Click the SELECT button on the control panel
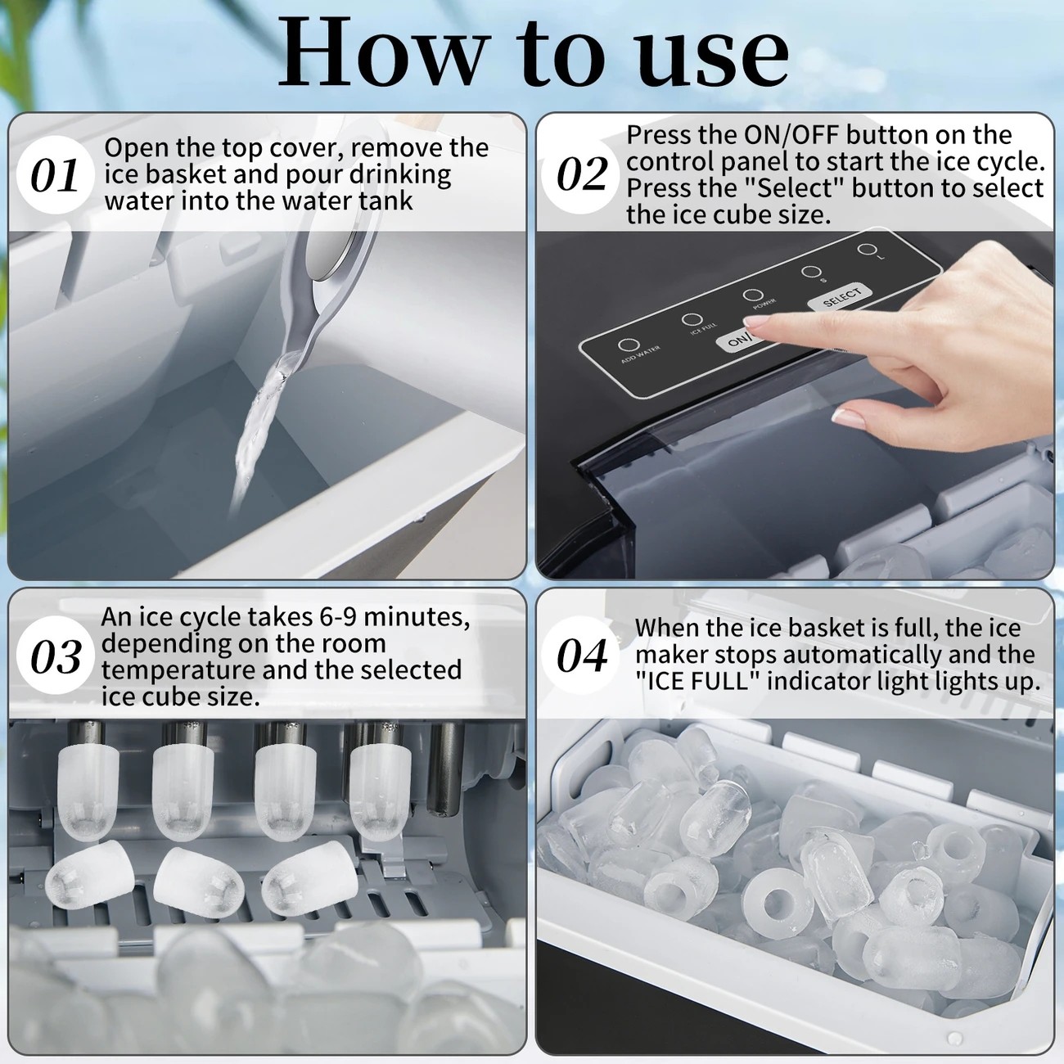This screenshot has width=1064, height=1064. click(841, 298)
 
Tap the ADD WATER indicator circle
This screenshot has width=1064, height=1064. click(627, 345)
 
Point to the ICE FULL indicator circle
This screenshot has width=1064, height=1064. click(692, 319)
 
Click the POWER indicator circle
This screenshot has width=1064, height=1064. click(753, 295)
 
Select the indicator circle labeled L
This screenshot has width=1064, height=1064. click(866, 249)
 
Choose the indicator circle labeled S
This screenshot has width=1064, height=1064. click(810, 271)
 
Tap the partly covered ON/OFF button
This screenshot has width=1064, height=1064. click(737, 340)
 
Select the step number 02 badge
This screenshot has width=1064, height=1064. click(581, 174)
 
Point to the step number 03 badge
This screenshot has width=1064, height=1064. click(55, 656)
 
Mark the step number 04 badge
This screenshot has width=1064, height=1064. click(581, 656)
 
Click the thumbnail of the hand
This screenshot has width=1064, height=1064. click(848, 418)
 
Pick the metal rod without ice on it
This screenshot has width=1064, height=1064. click(445, 768)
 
